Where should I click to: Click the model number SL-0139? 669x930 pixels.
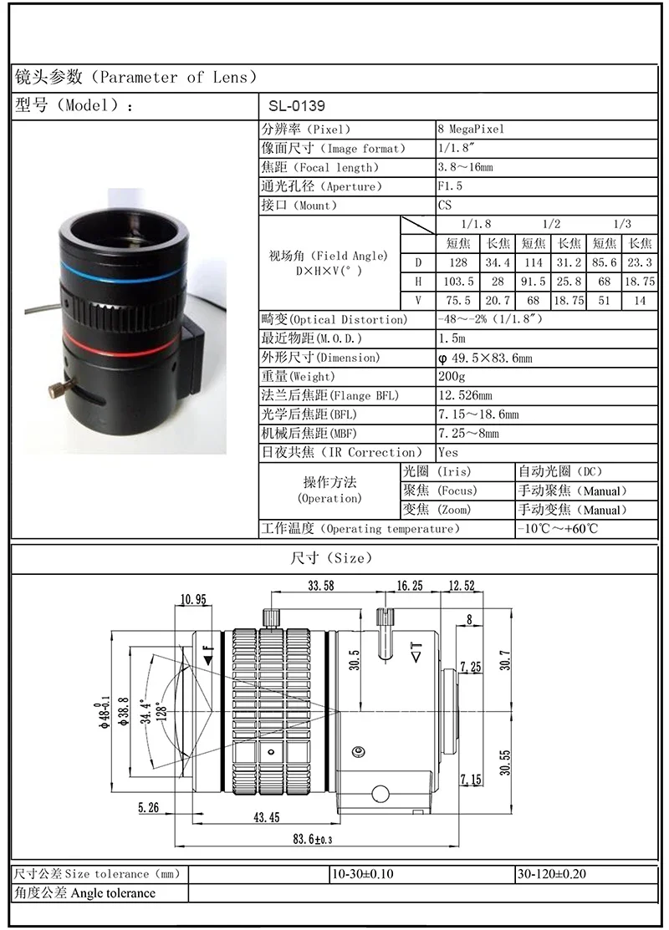coord(296,107)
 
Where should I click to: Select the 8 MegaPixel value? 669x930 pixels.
coord(471,130)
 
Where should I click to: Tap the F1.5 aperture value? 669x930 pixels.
coord(450,186)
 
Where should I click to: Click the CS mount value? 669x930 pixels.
coord(445,206)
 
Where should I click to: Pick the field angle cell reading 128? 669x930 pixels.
coord(457,262)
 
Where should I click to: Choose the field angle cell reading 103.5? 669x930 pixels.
coord(457,282)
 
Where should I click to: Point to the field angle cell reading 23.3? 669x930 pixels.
coord(640,262)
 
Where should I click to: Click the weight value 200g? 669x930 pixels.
coord(452,377)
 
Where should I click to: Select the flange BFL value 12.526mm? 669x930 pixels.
coord(465,396)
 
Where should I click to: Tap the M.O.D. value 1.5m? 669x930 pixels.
coord(452,338)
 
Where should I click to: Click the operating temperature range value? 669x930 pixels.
coord(557,529)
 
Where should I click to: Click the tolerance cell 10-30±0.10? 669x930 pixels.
coord(362,874)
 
